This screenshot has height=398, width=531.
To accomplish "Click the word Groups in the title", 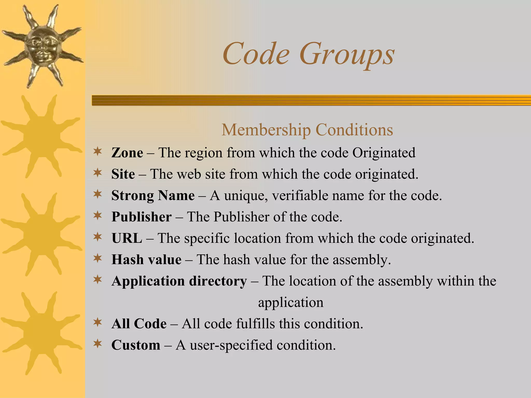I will [347, 54].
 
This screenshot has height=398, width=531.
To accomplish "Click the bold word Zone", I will [127, 153].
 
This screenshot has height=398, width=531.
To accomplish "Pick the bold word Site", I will [123, 174].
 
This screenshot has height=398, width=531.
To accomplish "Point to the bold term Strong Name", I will [153, 195].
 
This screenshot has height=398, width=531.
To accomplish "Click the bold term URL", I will [127, 238].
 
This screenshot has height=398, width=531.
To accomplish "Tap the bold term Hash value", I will [146, 259].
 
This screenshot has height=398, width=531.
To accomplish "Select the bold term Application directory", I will [179, 281].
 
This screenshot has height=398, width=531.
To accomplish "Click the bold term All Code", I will [139, 324].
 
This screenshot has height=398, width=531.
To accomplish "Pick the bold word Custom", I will [136, 345].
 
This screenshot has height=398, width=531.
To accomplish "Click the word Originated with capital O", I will [384, 153].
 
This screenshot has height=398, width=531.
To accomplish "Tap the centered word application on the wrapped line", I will [291, 302].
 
